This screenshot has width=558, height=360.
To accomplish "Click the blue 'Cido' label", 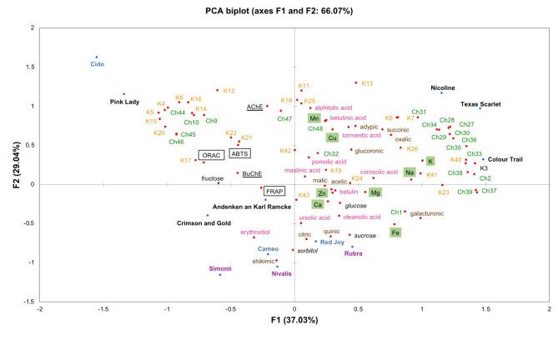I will point(97,64).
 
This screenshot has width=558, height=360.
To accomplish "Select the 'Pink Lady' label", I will point(123,102).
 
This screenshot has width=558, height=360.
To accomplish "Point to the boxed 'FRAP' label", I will point(274,191).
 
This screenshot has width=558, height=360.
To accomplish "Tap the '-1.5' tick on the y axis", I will point(28,301).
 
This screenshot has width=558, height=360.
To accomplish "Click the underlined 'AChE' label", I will point(254,107).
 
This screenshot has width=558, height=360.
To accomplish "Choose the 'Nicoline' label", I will point(443,87).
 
